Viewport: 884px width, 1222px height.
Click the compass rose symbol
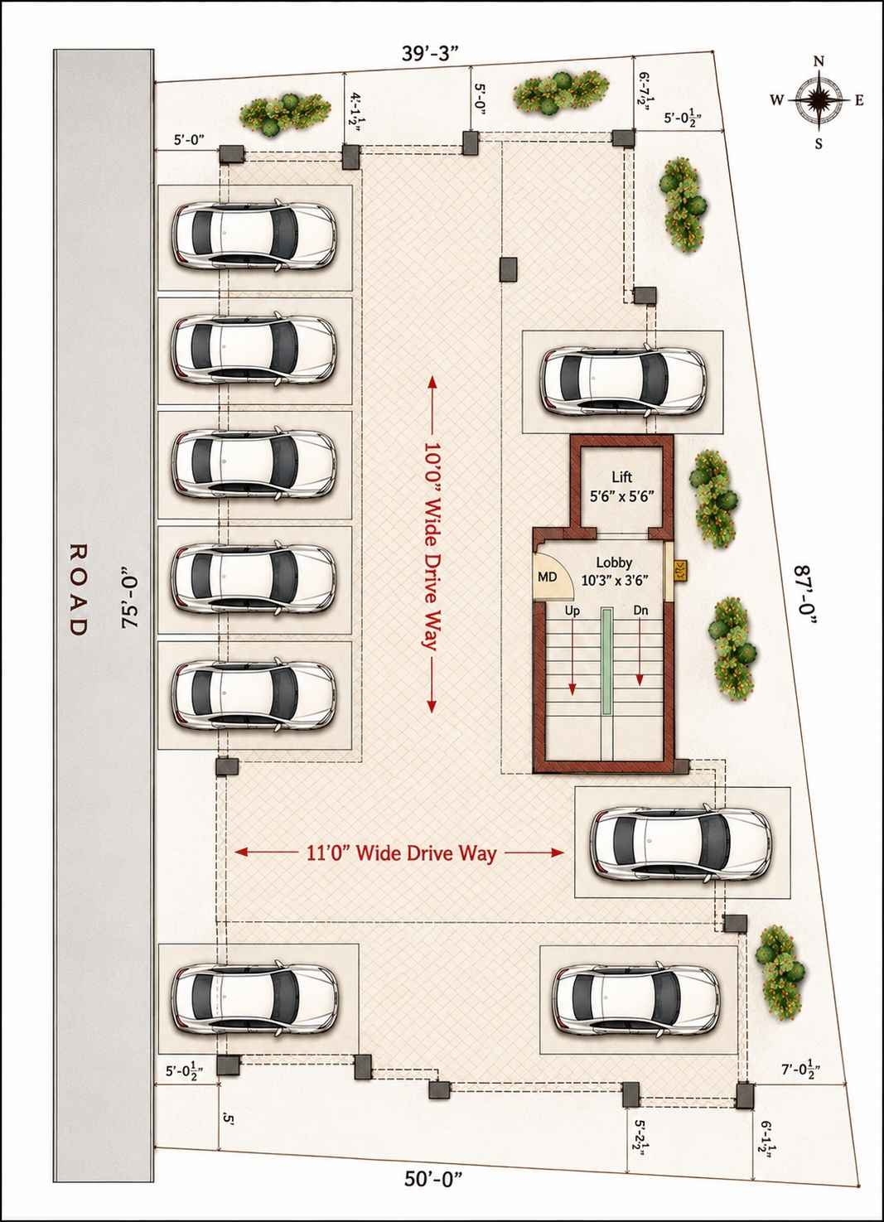pos(819,100)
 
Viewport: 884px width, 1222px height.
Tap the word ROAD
pos(78,589)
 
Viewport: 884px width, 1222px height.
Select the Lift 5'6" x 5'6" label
pos(622,487)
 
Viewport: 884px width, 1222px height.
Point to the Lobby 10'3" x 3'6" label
pos(614,571)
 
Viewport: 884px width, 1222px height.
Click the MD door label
pos(548,576)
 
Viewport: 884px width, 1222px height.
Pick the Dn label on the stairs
pos(640,611)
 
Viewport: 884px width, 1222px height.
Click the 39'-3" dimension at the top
pos(429,54)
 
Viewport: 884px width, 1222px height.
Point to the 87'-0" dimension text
pos(806,597)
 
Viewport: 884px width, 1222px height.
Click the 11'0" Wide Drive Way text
pos(401,853)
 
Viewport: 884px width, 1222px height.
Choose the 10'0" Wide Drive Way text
pos(432,545)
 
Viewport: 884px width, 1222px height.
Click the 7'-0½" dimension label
pos(801,1070)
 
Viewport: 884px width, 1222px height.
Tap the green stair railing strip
pos(606,661)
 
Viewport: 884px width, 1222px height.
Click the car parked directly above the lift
pos(623,381)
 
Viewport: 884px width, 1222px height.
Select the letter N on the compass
pos(819,61)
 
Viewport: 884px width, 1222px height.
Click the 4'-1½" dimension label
pos(355,109)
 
